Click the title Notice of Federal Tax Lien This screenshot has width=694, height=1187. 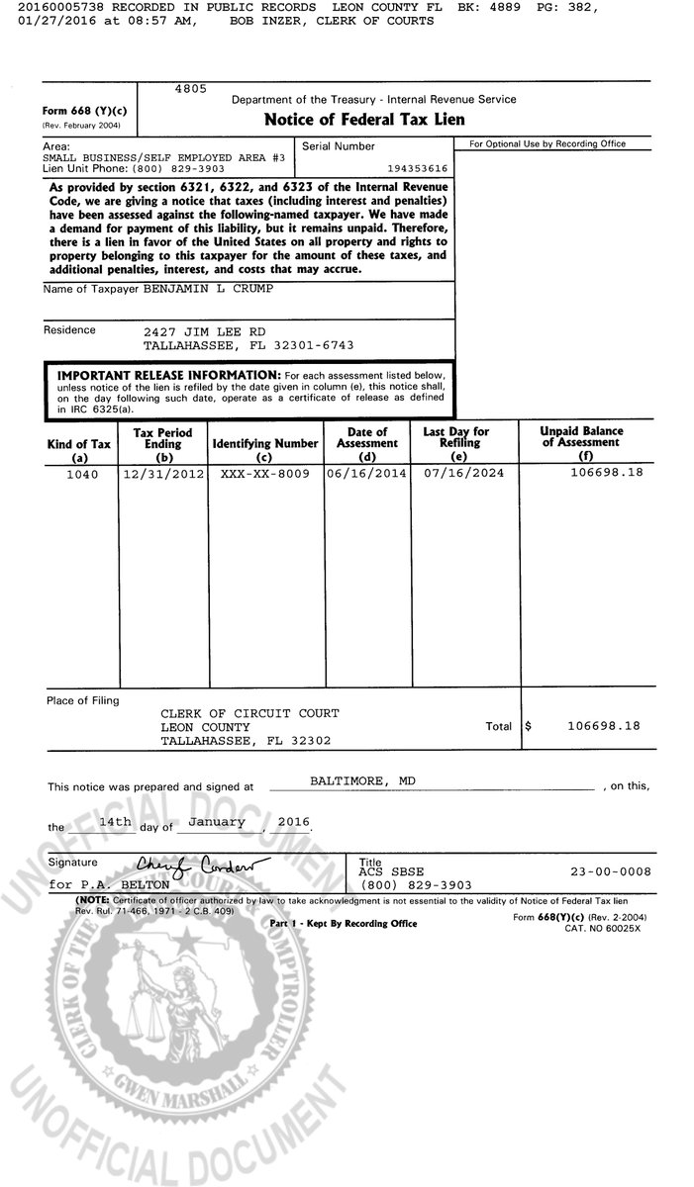coord(363,120)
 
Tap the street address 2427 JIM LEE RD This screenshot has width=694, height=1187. coord(205,330)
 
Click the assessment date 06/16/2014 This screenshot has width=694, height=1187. coord(365,474)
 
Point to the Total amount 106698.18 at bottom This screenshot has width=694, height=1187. coord(603,726)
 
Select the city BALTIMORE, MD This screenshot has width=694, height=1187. coord(363,780)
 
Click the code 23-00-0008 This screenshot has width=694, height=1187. coord(606,872)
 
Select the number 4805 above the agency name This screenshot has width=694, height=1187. coord(190,89)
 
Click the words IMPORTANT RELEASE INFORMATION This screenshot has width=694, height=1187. coord(168,376)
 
